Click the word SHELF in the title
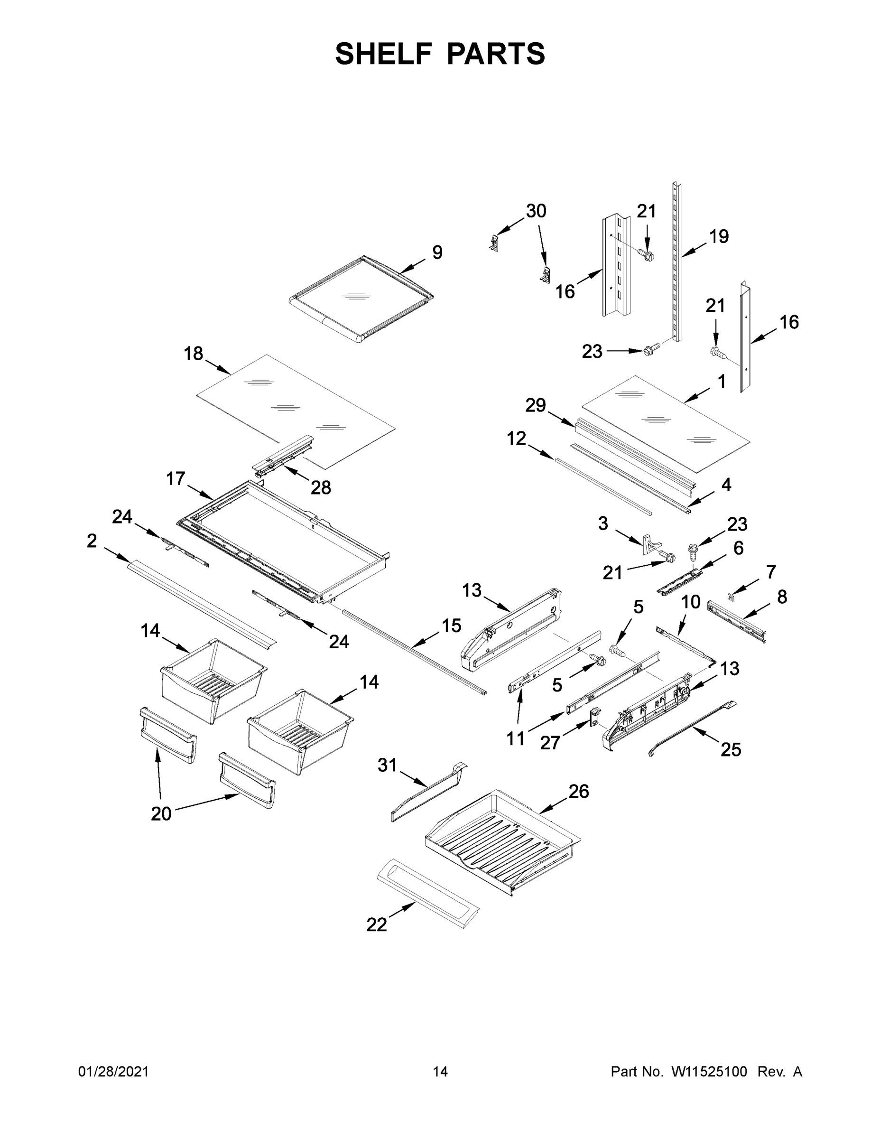tap(384, 54)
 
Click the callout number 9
tap(437, 252)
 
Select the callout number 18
tap(193, 354)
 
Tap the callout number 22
tap(376, 925)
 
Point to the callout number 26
tap(579, 792)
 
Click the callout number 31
tap(388, 766)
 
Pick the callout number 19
tap(719, 236)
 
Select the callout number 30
tap(536, 211)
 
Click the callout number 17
tap(176, 478)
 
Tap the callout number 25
tap(731, 750)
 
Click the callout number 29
tap(536, 405)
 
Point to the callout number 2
tap(92, 541)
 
